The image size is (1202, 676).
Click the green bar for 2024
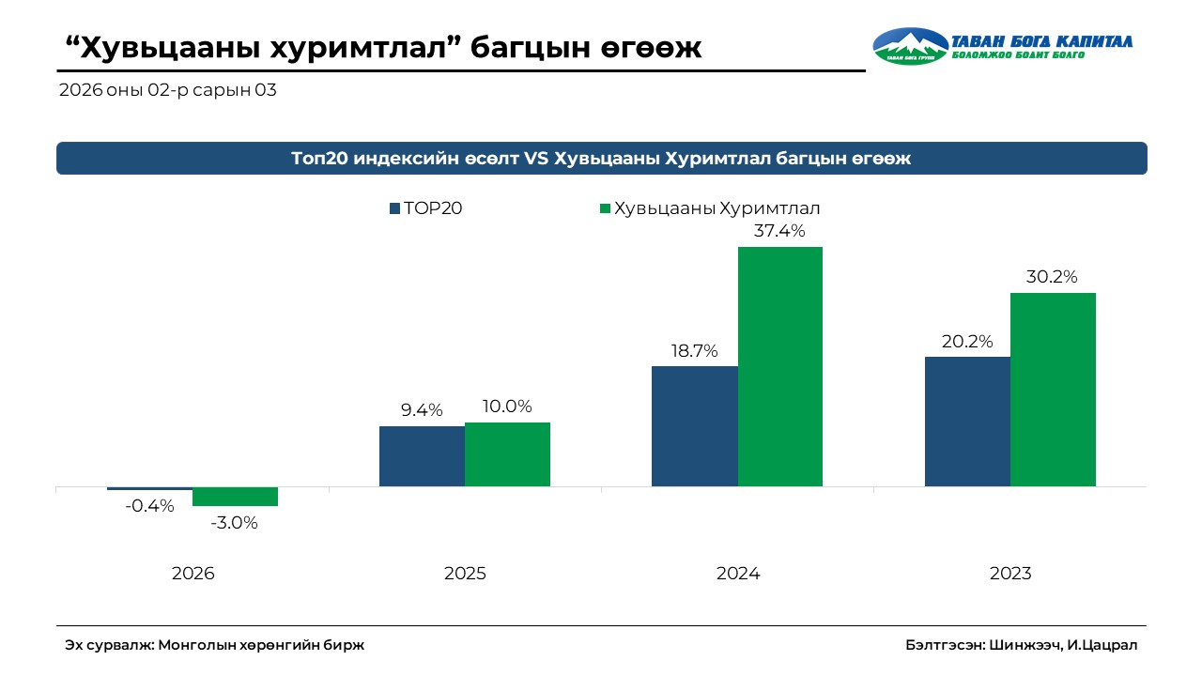point(779,366)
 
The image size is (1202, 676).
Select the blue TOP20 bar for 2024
point(695,425)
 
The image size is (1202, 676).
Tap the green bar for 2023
point(1053,389)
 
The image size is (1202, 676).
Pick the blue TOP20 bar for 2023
point(967,421)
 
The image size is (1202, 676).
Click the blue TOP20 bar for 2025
point(422,455)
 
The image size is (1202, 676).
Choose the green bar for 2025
point(507,453)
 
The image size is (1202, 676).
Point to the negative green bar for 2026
point(235,497)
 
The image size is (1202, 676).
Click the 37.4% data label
point(779,231)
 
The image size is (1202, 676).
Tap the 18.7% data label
point(695,351)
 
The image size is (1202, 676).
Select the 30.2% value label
point(1052,277)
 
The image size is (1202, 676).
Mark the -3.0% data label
point(235,523)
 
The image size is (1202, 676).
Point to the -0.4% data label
point(150,506)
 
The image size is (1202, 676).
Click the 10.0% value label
point(507,407)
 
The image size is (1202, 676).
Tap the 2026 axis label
point(193,574)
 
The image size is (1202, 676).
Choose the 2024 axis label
point(738,574)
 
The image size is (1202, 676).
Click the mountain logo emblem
point(909,45)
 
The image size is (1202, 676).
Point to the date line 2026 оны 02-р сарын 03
point(167,91)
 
